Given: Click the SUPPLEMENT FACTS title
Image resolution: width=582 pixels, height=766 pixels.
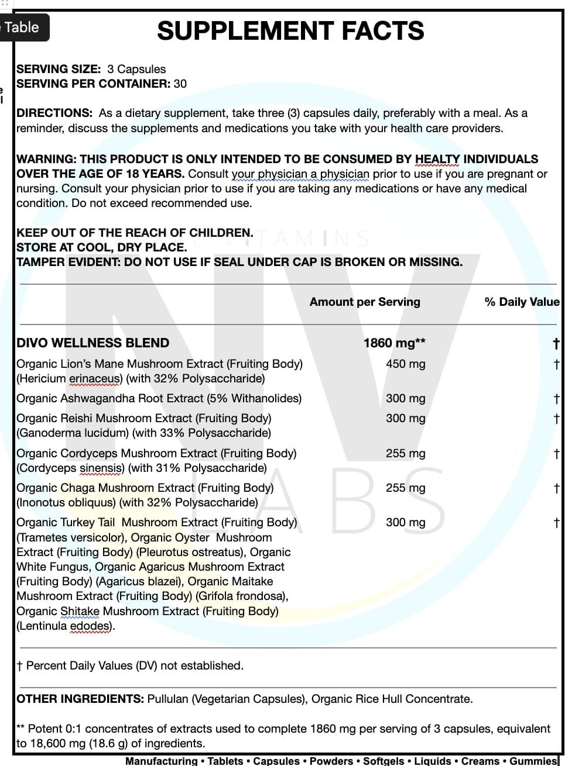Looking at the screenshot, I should pos(290,31).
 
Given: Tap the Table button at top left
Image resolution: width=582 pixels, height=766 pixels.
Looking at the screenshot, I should pos(22,27).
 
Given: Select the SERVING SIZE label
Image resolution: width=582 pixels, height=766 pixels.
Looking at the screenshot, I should pos(59,69).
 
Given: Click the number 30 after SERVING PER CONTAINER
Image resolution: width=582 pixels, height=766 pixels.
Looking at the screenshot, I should pos(180,84).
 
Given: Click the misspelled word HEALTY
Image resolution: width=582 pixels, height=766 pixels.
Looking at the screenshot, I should pos(437,159).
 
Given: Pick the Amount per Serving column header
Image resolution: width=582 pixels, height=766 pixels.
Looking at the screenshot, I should pos(365,302).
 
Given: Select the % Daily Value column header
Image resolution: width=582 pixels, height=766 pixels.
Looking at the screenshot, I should pos(522,302).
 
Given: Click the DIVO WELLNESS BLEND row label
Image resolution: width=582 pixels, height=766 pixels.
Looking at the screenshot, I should pos(93,343).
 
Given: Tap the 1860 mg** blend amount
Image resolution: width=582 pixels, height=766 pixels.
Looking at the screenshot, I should pos(394,343).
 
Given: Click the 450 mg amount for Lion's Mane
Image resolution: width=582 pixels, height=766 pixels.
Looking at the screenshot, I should pos(405,364).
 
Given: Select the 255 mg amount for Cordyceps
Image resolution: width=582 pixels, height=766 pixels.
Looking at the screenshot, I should pos(405,453).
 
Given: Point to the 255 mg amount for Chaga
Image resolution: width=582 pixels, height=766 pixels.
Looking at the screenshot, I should pos(405,488).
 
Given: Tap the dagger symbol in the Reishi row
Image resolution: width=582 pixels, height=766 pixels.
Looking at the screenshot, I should pos(556,419).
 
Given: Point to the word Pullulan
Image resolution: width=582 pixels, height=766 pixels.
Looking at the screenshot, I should pos(168,699).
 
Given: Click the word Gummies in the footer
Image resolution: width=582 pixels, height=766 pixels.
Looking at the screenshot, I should pos(533,761).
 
